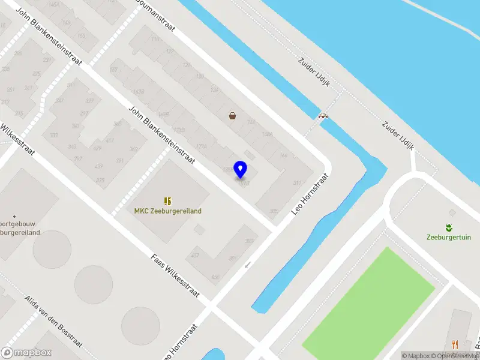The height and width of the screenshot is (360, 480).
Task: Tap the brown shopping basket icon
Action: click(232, 116)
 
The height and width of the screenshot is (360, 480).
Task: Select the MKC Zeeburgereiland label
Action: click(167, 211)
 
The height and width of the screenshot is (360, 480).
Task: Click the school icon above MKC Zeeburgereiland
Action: click(167, 200)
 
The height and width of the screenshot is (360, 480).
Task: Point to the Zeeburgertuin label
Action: click(448, 236)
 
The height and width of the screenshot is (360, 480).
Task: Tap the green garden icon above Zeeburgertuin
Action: click(448, 227)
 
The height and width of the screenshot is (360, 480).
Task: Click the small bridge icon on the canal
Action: click(324, 116)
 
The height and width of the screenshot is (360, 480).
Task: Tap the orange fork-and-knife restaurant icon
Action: click(455, 344)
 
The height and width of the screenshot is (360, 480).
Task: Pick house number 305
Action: click(274, 211)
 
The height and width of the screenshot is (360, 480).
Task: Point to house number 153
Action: click(81, 36)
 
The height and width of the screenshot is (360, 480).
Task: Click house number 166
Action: click(283, 155)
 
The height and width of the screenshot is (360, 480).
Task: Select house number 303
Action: click(249, 241)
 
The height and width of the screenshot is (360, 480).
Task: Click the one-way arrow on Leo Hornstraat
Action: click(247, 265)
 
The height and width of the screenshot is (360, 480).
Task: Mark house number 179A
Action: click(202, 145)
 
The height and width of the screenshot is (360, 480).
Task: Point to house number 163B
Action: click(138, 91)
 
